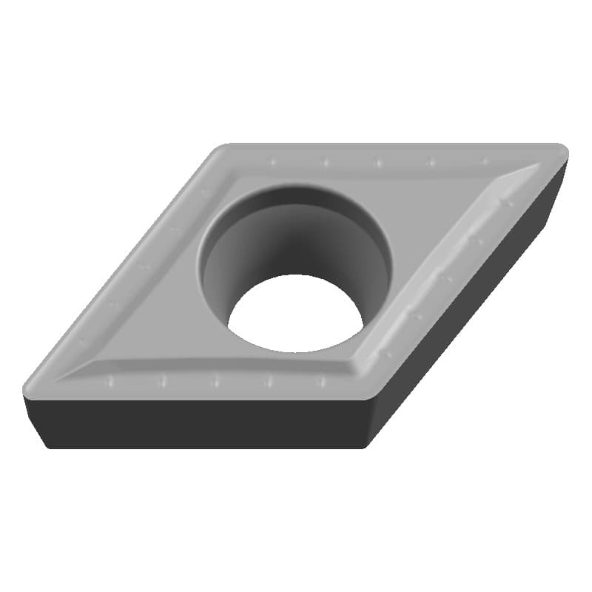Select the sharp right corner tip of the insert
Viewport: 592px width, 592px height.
565,152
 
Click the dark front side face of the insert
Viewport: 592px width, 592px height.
200,422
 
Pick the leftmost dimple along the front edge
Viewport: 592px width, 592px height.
110,381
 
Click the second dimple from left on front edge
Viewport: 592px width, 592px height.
163,381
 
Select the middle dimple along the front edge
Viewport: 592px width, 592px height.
215,381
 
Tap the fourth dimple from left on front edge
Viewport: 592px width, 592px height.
269,381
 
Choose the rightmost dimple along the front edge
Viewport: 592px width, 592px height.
321,381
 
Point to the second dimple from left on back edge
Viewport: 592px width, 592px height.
324,161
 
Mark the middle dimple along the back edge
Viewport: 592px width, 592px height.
377,161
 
